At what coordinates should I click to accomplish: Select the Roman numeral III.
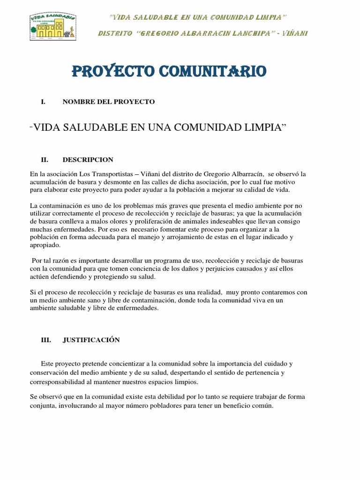point(46,340)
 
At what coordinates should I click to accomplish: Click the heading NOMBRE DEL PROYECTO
point(109,102)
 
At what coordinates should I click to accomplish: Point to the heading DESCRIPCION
point(88,160)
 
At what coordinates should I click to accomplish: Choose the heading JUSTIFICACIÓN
point(91,340)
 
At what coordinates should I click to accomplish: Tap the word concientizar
point(119,364)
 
